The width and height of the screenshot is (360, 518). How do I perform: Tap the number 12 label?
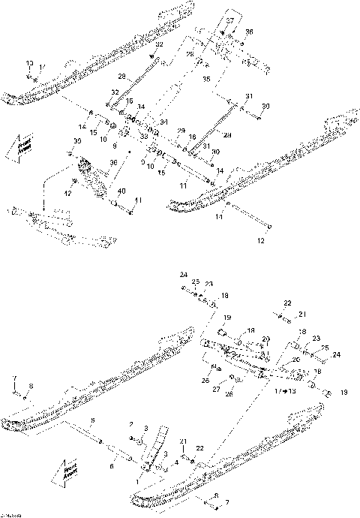tap(261, 241)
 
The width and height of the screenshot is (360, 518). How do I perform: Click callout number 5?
tap(92, 419)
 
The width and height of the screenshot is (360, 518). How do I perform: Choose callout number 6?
tap(112, 466)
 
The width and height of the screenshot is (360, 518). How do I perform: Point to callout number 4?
tap(176, 462)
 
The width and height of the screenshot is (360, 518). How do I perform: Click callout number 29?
tap(180, 131)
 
